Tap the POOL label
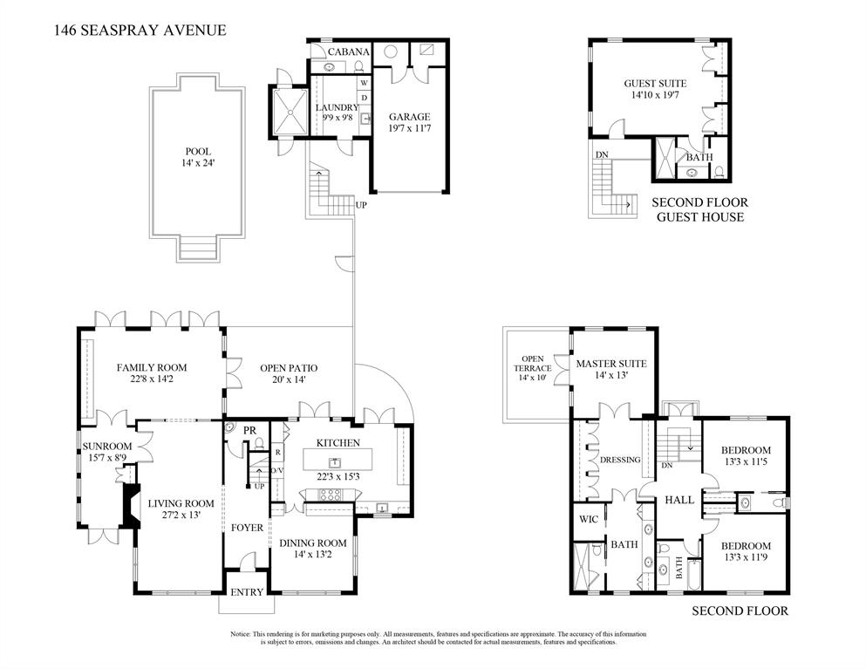tap(198, 151)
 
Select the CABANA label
tap(349, 51)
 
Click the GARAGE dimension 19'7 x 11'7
tap(409, 129)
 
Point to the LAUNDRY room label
tap(337, 108)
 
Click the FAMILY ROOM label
tap(152, 367)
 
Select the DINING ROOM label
tap(312, 543)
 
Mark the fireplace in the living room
tap(130, 506)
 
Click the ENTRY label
tap(247, 592)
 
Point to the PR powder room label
tap(249, 431)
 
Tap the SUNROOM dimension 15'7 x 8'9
tap(106, 458)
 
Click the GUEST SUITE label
tap(655, 84)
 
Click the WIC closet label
tap(587, 518)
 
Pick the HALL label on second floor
tap(678, 500)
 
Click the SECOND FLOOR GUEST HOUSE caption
tap(699, 209)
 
